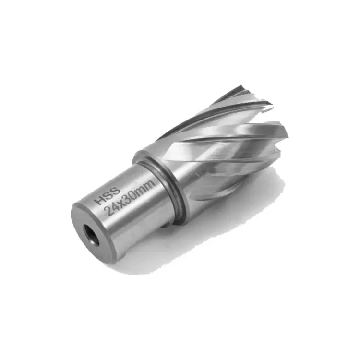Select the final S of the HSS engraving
coord(116,191)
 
